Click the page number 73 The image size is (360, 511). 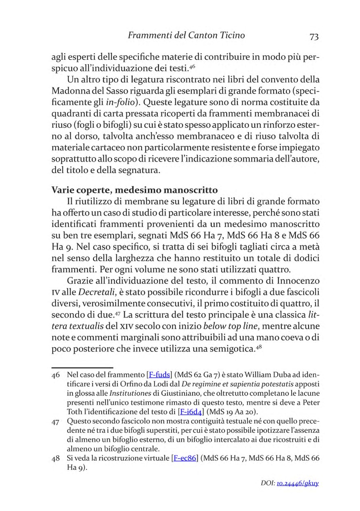coord(314,36)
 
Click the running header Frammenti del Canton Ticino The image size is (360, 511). coord(186,35)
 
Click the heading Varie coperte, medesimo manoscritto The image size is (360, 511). coord(134,190)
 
